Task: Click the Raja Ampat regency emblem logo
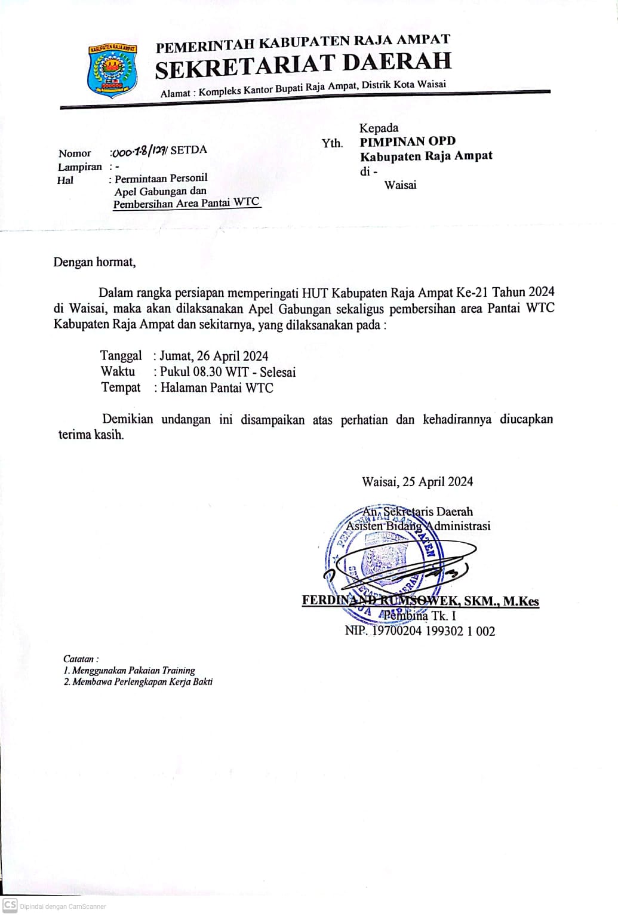click(x=112, y=69)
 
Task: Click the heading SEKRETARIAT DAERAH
click(x=303, y=66)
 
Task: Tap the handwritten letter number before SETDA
click(x=139, y=150)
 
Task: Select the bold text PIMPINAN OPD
click(x=407, y=142)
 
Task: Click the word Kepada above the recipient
click(x=379, y=128)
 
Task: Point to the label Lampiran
click(x=79, y=167)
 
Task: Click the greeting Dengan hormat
click(x=94, y=262)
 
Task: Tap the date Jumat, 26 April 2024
click(x=214, y=356)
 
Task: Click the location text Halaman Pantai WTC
click(x=216, y=388)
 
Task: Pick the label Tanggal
click(x=121, y=356)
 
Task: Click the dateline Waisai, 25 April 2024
click(x=417, y=481)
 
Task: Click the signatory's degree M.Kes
click(x=521, y=601)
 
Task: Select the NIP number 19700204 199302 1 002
click(x=433, y=631)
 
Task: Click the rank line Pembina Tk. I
click(x=420, y=616)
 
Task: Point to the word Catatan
click(x=79, y=659)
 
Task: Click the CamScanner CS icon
click(x=10, y=905)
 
